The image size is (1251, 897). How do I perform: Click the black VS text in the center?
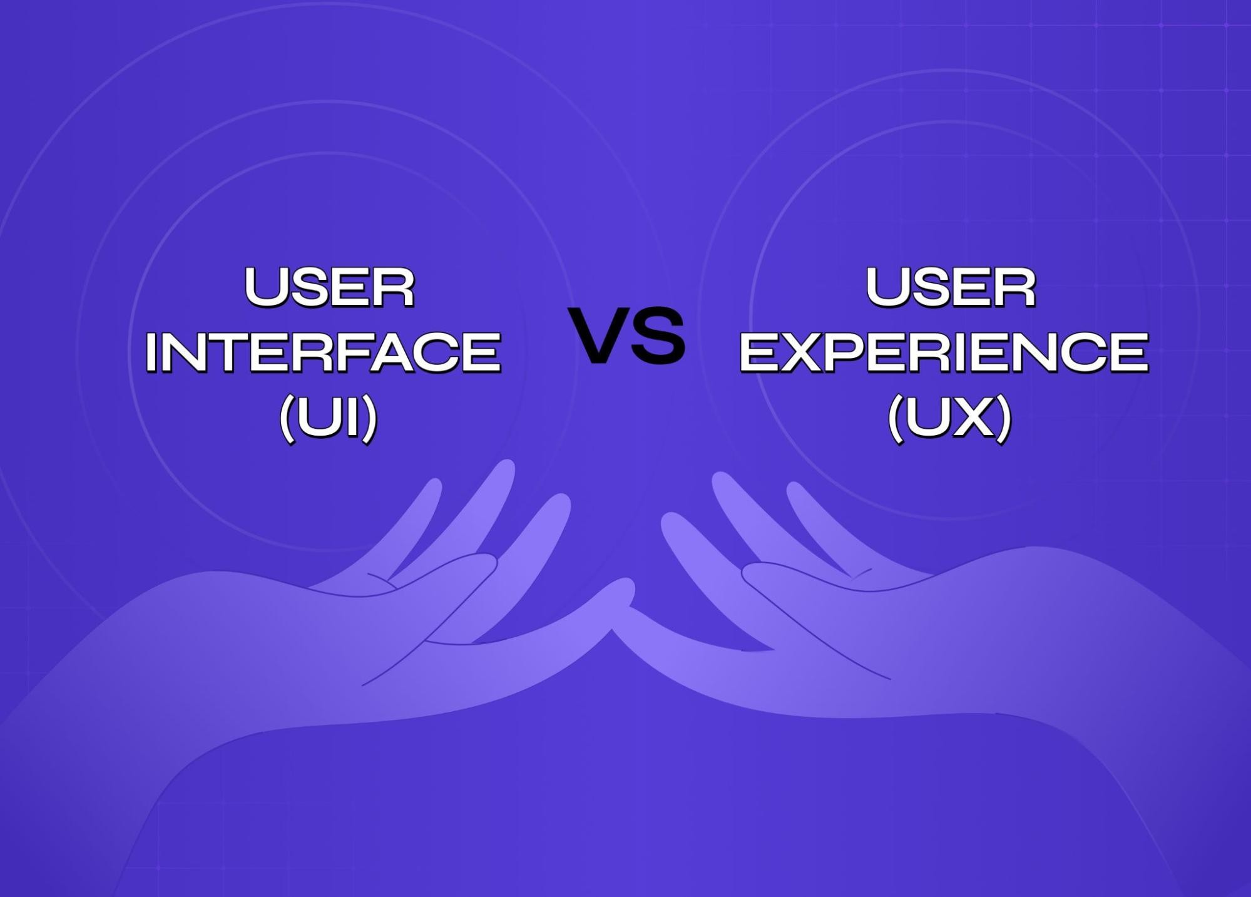[x=628, y=336]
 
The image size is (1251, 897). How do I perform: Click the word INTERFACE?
[x=323, y=352]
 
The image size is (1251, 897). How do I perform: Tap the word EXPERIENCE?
[x=944, y=352]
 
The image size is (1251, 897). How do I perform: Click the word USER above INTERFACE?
[x=329, y=287]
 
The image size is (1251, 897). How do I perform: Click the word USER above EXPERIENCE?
[x=950, y=287]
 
